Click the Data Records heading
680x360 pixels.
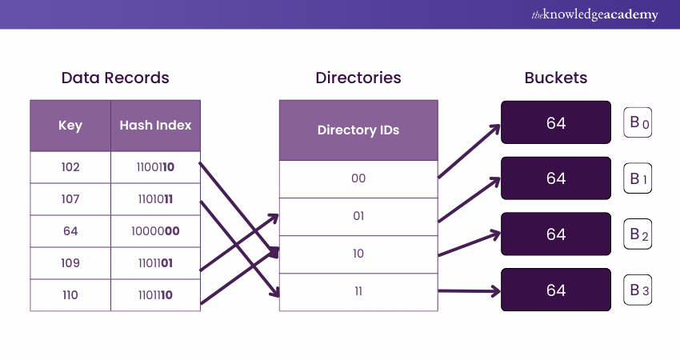[x=115, y=78]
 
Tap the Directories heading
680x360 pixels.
[x=358, y=78]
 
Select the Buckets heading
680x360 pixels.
[x=556, y=78]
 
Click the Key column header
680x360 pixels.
[x=70, y=126]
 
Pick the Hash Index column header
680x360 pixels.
[x=155, y=126]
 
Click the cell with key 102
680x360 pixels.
[x=70, y=168]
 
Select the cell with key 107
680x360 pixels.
[x=70, y=199]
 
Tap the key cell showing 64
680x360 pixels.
[x=70, y=231]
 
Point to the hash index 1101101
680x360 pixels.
[x=155, y=263]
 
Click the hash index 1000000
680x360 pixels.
[x=155, y=231]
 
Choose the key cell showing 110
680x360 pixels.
[x=70, y=295]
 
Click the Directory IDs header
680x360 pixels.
[x=358, y=130]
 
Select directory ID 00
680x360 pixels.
[x=358, y=178]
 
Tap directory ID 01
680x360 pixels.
[x=358, y=216]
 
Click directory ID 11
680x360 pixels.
[x=358, y=291]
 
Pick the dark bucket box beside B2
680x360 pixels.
[x=556, y=234]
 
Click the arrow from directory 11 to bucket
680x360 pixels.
[x=469, y=291]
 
